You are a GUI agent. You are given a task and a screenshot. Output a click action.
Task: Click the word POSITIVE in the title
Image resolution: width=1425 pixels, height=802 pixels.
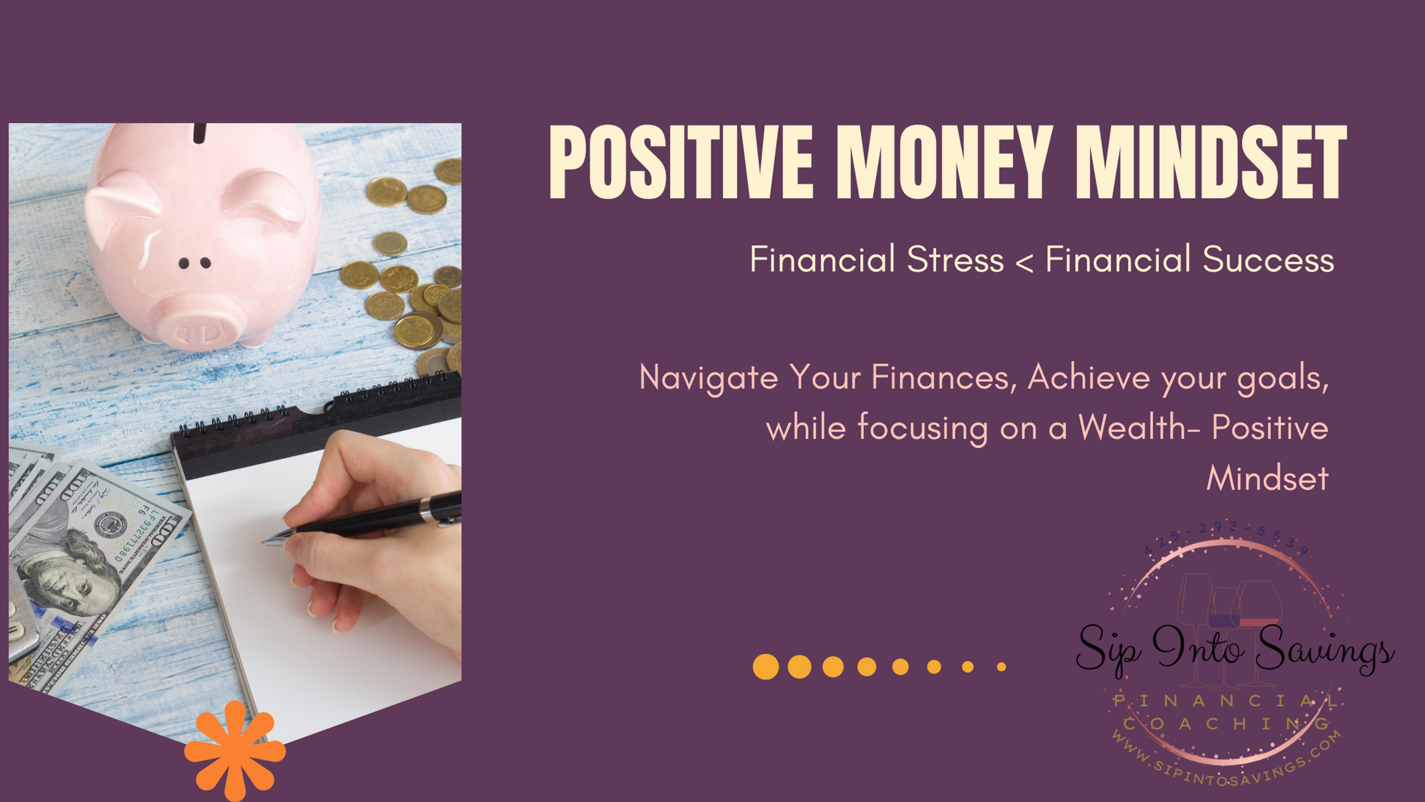(681, 162)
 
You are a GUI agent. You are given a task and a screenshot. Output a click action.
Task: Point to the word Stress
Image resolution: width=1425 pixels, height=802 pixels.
(955, 260)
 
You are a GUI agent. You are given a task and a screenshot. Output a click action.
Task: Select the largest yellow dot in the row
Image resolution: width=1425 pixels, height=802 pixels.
(765, 666)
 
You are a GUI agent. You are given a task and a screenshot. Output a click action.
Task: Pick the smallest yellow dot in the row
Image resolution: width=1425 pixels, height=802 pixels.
(1001, 666)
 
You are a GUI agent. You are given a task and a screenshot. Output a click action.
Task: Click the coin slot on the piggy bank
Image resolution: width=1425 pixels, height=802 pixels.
(200, 133)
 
